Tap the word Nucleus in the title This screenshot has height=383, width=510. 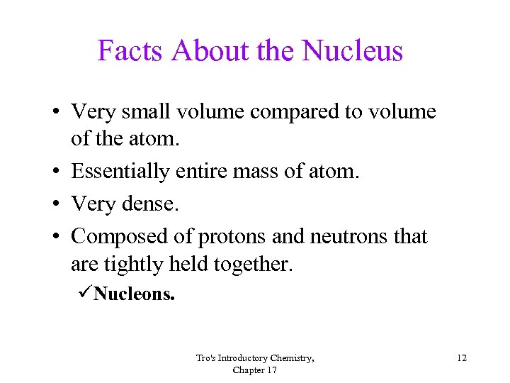coord(352,51)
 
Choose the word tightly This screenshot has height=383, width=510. coord(134,265)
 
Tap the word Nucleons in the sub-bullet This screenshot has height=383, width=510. coord(134,294)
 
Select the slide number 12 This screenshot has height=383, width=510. coord(461,358)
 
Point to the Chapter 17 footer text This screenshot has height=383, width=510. coord(254,370)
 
